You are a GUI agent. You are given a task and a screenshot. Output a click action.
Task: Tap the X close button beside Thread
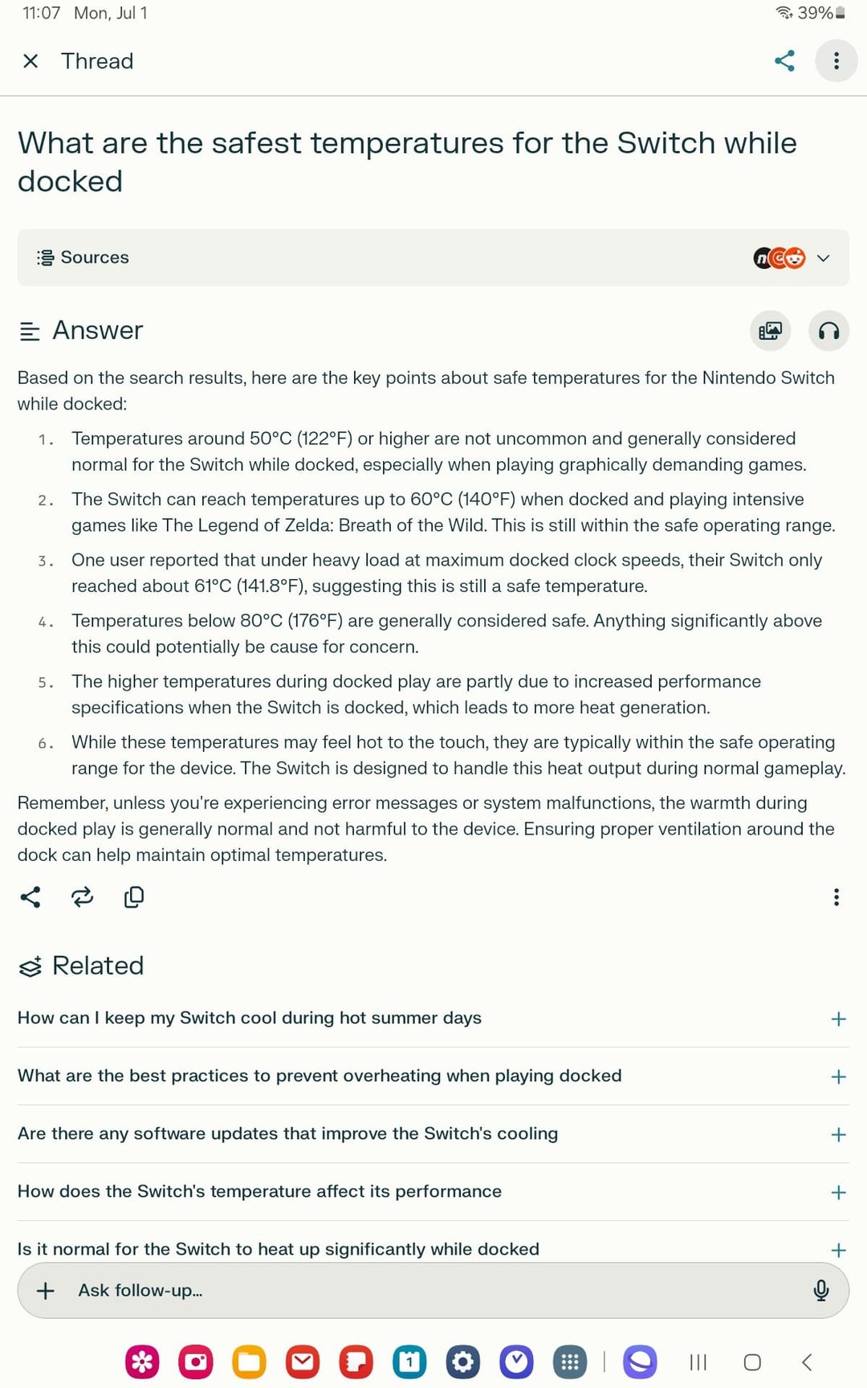[x=31, y=61]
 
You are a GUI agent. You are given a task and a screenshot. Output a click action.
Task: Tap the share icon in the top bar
[x=784, y=61]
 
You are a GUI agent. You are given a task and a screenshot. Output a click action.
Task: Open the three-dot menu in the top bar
[x=836, y=61]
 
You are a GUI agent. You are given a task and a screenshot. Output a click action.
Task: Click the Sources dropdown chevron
[x=823, y=258]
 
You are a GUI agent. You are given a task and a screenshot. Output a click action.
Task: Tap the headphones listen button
[x=828, y=331]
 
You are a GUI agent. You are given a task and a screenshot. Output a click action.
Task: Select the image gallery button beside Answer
[x=770, y=331]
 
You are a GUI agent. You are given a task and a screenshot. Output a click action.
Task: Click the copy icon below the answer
[x=134, y=897]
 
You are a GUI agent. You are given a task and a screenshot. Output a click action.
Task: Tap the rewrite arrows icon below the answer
[x=82, y=897]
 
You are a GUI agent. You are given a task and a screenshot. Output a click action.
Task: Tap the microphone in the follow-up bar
[x=820, y=1290]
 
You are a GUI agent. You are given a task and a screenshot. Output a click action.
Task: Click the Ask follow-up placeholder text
[x=140, y=1290]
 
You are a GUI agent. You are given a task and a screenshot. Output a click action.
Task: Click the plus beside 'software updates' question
[x=838, y=1134]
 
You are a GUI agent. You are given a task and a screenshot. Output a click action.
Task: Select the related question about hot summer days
[x=250, y=1018]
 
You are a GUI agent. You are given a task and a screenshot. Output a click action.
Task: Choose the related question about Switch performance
[x=259, y=1191]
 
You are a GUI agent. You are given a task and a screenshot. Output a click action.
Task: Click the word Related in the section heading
[x=98, y=965]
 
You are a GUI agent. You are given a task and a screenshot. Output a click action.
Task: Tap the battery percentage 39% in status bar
[x=814, y=13]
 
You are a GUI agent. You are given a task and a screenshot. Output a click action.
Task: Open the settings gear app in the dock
[x=463, y=1361]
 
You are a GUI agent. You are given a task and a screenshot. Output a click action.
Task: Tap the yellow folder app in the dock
[x=249, y=1361]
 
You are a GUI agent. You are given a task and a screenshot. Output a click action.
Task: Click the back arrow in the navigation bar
[x=807, y=1361]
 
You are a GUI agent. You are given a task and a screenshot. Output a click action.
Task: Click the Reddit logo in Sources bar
[x=795, y=258]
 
